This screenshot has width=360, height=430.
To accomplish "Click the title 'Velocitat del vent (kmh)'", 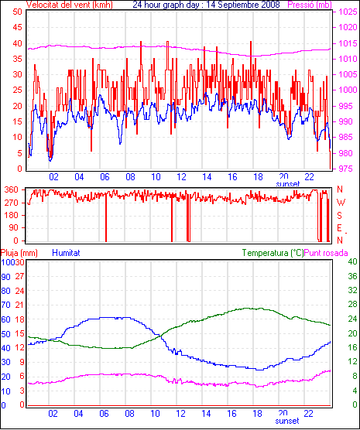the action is coord(69,5).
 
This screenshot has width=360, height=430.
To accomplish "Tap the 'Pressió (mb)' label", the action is coord(310,5).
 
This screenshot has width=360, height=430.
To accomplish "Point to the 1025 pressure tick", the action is coord(348,12).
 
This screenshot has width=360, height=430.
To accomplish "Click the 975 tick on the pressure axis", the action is coord(346,169).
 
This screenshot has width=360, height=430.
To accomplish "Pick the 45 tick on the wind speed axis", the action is coord(17,27).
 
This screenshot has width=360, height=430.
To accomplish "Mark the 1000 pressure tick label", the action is coord(348,90).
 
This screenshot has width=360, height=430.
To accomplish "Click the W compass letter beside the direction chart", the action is coord(341,203).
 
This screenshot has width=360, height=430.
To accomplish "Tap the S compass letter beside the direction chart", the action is coord(340,216).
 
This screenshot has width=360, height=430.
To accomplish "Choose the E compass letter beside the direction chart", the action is coord(340,228).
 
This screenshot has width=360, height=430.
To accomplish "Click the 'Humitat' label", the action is coord(66,253).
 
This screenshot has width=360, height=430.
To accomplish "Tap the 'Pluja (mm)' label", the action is coord(19,253).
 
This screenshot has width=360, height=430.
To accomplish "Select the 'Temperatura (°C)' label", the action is coord(273,253).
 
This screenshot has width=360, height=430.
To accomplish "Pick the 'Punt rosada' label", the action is coord(326,253).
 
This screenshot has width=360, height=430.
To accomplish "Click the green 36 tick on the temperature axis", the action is coord(352,275).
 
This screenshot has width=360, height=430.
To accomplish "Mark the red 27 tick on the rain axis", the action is coord(20,276).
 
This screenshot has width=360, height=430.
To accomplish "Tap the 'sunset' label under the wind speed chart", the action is coord(287,183).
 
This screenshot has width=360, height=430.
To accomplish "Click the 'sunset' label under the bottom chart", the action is coord(287,421).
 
